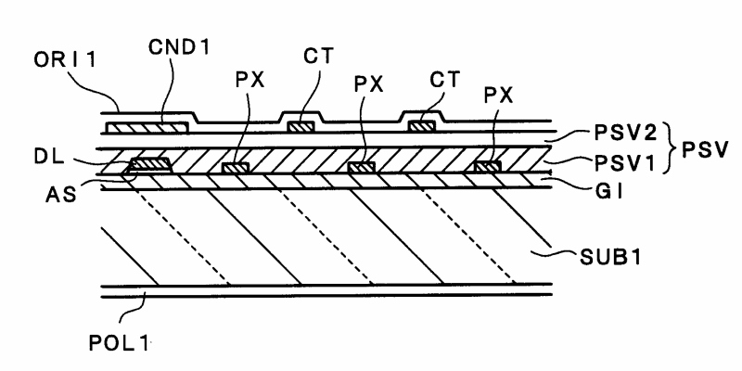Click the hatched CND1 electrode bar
(148, 125)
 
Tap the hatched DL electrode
(147, 166)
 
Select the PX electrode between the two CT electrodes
(361, 167)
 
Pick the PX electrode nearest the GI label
(488, 167)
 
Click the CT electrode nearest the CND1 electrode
(299, 125)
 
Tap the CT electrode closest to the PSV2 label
(422, 124)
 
